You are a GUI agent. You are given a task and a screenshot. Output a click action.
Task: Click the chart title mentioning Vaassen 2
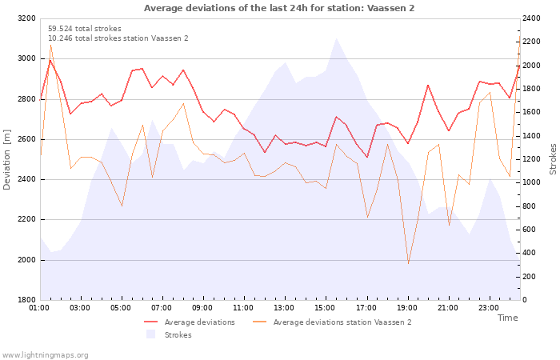coord(279,8)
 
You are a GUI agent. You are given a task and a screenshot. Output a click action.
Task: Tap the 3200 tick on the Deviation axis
coord(26,18)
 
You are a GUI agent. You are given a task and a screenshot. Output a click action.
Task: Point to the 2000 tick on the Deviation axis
coord(26,260)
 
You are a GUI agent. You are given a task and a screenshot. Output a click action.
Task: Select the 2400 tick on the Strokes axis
coord(531,18)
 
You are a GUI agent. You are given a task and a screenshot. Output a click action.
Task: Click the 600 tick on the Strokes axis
coord(529,230)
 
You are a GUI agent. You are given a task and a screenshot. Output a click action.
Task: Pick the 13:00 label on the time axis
coord(284,308)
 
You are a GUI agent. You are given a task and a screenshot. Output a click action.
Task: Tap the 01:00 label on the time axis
coord(39,308)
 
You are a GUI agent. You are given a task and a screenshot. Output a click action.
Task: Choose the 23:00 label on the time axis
coord(489,308)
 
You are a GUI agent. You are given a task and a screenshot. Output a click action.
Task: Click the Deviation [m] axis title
coord(6,160)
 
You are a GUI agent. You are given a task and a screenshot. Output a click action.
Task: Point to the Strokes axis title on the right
coord(553,159)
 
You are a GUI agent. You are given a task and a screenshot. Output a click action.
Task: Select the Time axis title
coord(507,318)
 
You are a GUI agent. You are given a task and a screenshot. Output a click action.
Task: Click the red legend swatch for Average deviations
coord(150,322)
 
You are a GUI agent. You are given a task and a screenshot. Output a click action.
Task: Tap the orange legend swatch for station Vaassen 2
coord(260,322)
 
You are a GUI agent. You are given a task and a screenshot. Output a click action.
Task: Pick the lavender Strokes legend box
coord(150,334)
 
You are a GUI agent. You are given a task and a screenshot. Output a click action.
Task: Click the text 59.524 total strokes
coord(85,29)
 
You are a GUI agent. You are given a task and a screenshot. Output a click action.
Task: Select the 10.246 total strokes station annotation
coord(118,38)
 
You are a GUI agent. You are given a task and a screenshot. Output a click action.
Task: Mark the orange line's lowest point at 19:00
coord(408,263)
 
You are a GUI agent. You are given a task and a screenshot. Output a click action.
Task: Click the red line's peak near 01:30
coord(50,60)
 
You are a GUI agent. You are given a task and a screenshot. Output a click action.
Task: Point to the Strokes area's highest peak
coord(336,38)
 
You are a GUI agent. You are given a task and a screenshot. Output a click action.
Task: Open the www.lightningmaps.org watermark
coord(45,355)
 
